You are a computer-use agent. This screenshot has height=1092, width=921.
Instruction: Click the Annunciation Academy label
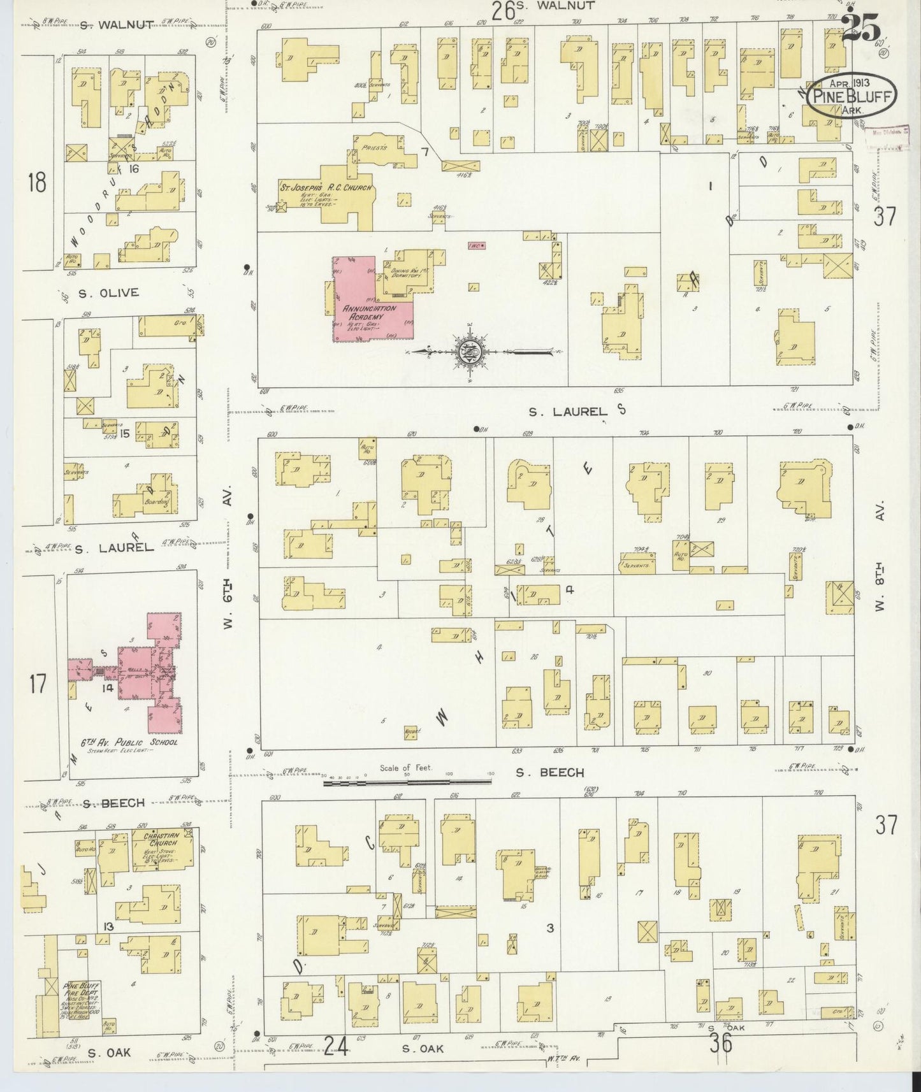coord(369,312)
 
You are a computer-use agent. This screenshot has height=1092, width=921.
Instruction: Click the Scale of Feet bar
coord(408,782)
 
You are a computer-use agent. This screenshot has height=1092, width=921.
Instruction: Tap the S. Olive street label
coord(108,293)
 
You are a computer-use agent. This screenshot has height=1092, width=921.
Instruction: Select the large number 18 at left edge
coord(37,183)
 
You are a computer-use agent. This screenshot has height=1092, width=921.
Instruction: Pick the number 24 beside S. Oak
coord(335,1044)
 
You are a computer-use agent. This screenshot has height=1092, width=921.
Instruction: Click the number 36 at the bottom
coord(722,1044)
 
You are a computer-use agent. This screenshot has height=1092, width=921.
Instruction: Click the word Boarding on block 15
coord(156,501)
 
